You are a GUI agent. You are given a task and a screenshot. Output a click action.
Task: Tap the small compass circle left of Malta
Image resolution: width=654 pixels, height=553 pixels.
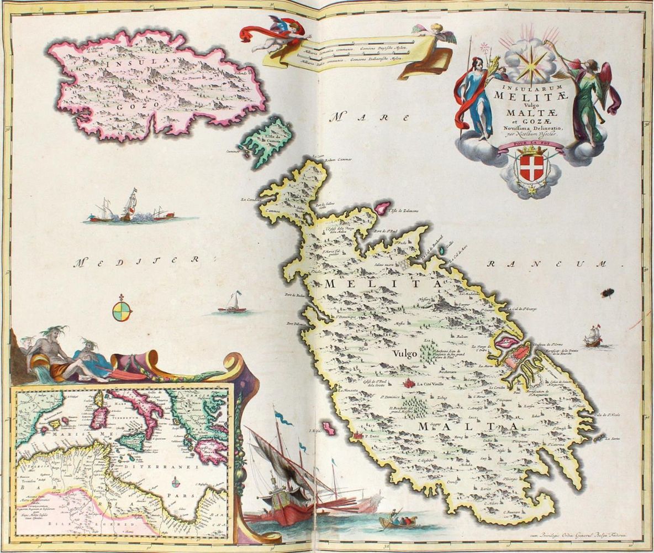click(122, 311)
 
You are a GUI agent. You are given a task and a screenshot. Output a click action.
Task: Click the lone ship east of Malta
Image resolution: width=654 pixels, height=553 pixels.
click(593, 337)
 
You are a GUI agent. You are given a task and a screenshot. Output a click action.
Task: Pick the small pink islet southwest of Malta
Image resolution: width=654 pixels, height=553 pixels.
click(330, 427)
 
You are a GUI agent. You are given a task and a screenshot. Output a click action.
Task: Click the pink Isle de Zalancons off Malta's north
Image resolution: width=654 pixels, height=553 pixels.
click(382, 207)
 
